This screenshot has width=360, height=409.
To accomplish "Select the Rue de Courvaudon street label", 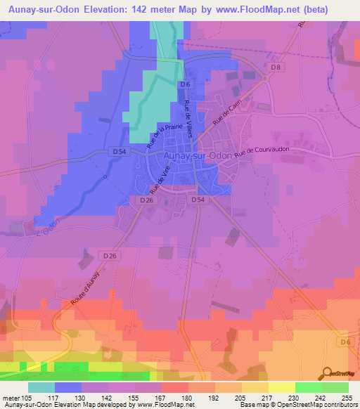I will (x=262, y=151).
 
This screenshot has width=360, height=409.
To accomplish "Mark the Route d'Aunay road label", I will (x=89, y=291).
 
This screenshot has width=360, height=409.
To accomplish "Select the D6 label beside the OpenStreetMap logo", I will (x=343, y=342).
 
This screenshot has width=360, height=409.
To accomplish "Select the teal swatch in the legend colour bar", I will (x=41, y=387).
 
